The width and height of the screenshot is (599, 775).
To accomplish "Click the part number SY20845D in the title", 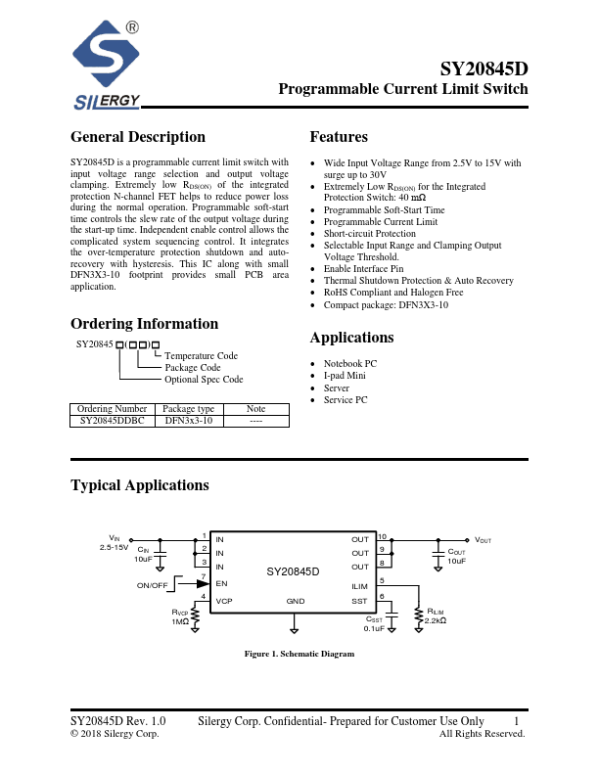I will [484, 69].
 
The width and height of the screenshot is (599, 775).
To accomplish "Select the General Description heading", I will [138, 137].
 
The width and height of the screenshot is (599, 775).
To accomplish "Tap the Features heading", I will [339, 137].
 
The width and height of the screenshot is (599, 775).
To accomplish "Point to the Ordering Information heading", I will [144, 324].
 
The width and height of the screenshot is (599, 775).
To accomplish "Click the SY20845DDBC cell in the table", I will [112, 420].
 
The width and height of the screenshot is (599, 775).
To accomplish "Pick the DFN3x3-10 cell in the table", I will [188, 420].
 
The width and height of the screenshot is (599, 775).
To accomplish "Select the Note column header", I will [255, 408].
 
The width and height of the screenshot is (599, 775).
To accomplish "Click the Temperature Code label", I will [201, 356].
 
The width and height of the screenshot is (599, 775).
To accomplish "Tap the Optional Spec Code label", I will [204, 380].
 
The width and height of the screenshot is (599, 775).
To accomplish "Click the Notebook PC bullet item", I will [349, 363].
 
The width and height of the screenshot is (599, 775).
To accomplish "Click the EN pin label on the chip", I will [220, 582].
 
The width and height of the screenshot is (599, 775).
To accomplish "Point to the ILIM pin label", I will [359, 586].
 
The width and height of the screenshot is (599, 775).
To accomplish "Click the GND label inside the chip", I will [295, 600].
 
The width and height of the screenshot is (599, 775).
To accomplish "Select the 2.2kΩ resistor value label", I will [436, 620].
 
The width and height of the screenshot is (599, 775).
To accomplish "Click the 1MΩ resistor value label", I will [180, 621].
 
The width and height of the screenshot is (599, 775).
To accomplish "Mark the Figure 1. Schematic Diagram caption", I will [299, 654].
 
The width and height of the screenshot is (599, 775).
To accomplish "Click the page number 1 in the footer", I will [516, 721].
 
